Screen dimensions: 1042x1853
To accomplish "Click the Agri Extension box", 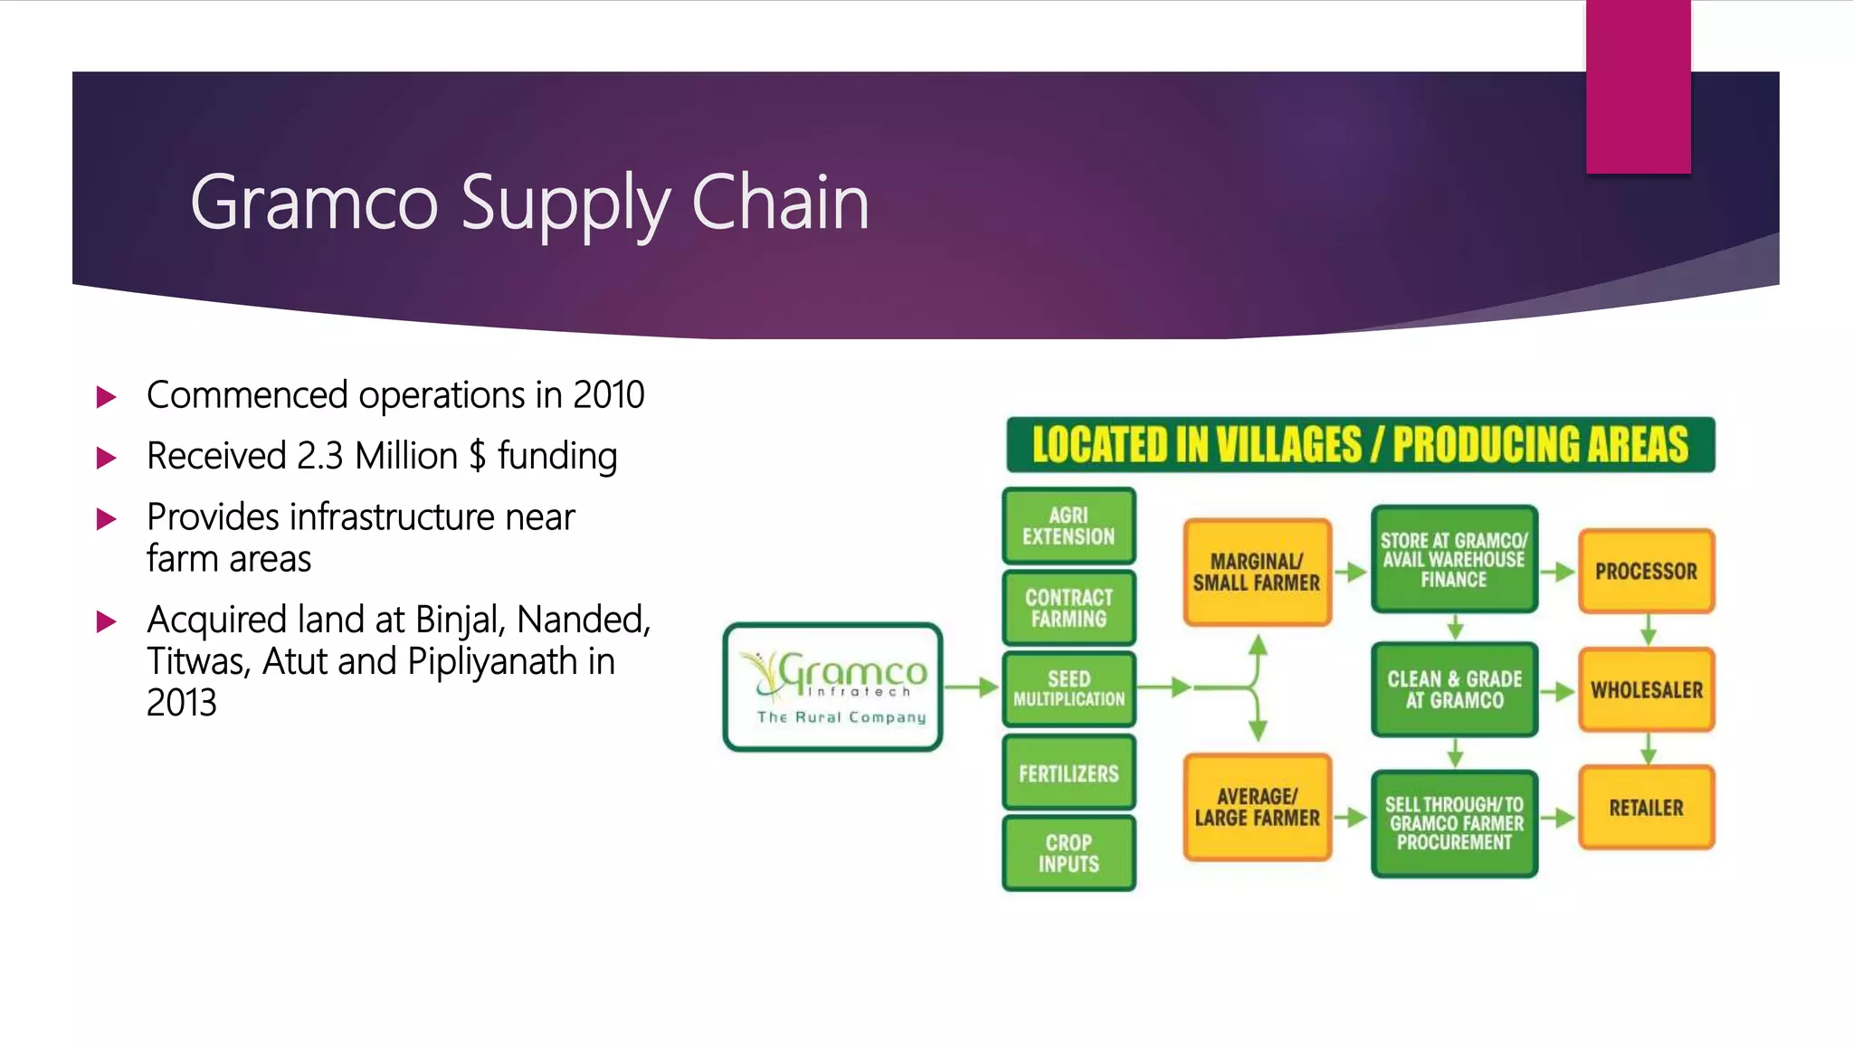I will pyautogui.click(x=1069, y=526).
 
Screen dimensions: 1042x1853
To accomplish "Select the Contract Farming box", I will pyautogui.click(x=1069, y=608).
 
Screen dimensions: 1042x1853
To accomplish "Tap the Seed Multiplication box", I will pyautogui.click(x=1069, y=688).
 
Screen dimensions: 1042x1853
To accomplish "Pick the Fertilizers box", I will pyautogui.click(x=1069, y=772).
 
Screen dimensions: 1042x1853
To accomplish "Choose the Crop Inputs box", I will pyautogui.click(x=1069, y=853).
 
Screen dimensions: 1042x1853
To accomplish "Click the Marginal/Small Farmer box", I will pyautogui.click(x=1257, y=573).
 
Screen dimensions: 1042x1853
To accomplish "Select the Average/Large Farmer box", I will pyautogui.click(x=1257, y=807).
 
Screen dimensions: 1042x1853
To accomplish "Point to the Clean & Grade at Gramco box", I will pyautogui.click(x=1454, y=689).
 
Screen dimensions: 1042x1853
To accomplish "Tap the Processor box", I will pyautogui.click(x=1646, y=572).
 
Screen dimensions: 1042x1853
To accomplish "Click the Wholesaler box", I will pyautogui.click(x=1646, y=689).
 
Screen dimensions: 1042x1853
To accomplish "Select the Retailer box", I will pyautogui.click(x=1646, y=807).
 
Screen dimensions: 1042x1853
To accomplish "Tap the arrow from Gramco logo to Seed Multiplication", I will pyautogui.click(x=973, y=688).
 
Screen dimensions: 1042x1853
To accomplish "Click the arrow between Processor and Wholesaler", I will pyautogui.click(x=1648, y=630).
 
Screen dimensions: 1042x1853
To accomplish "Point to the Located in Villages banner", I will pyautogui.click(x=1360, y=445).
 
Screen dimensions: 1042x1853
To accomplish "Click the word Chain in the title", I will pyautogui.click(x=779, y=203).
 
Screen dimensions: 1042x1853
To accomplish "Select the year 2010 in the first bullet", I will pyautogui.click(x=608, y=395).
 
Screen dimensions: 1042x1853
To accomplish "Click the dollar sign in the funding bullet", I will pyautogui.click(x=477, y=456).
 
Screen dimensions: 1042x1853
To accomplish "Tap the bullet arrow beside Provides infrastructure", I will pyautogui.click(x=107, y=519).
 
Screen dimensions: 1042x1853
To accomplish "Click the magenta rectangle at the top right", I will pyautogui.click(x=1638, y=86).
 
